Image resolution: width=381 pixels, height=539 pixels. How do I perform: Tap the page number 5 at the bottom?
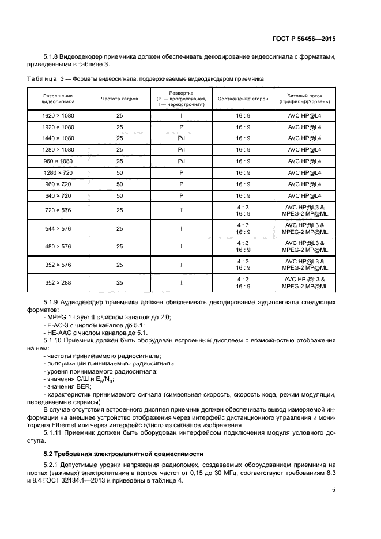pyautogui.click(x=334, y=490)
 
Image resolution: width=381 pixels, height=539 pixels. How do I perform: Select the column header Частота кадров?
pyautogui.click(x=119, y=99)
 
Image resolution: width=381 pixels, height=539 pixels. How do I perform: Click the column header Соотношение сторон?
pyautogui.click(x=243, y=99)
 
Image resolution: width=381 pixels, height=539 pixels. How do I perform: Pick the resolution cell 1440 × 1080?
pyautogui.click(x=58, y=138)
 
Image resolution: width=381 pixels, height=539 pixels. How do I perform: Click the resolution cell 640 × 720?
pyautogui.click(x=58, y=195)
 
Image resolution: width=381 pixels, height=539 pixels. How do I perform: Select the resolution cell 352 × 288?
pyautogui.click(x=58, y=282)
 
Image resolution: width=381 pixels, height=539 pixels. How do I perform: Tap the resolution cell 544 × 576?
pyautogui.click(x=58, y=228)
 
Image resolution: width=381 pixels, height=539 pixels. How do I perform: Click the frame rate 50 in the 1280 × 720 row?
pyautogui.click(x=119, y=172)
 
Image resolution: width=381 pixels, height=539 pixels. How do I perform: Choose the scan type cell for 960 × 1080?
pyautogui.click(x=181, y=161)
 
